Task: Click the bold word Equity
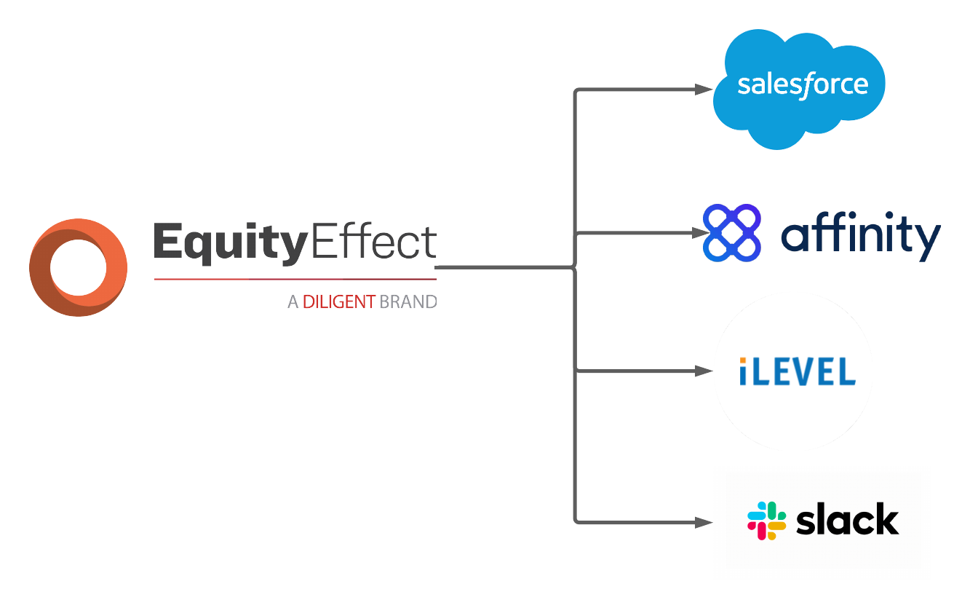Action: (x=231, y=242)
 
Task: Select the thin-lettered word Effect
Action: (x=374, y=240)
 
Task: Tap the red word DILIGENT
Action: (x=338, y=301)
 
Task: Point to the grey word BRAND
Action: (x=408, y=301)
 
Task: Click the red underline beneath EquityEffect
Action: (x=295, y=279)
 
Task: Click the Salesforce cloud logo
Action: (x=799, y=90)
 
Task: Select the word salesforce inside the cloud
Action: (x=803, y=85)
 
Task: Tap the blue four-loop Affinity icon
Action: (x=732, y=233)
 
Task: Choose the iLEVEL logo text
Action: (x=798, y=371)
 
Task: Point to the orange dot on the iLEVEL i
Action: (x=743, y=360)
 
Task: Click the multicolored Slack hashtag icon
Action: (x=766, y=521)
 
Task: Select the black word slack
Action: (x=848, y=518)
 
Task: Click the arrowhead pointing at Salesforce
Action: (x=704, y=90)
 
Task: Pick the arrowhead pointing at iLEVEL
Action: (x=704, y=371)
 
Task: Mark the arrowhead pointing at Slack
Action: (x=704, y=522)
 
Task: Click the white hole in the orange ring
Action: (x=79, y=267)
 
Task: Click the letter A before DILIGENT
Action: (x=293, y=301)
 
